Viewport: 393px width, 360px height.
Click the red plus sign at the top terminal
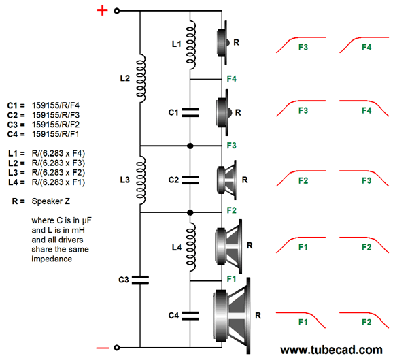[x=102, y=10]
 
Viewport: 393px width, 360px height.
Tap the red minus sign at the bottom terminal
[x=103, y=348]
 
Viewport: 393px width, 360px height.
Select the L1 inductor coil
[x=191, y=45]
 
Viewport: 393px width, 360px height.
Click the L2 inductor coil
[x=141, y=78]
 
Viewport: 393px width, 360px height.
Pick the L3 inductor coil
[x=141, y=180]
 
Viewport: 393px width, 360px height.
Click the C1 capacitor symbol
[x=190, y=113]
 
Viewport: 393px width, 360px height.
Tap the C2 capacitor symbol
[x=190, y=180]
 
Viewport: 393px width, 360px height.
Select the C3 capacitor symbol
[x=140, y=280]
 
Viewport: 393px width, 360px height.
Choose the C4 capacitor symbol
[x=190, y=316]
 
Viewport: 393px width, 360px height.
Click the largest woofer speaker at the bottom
[x=231, y=316]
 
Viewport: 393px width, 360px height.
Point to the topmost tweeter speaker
[x=223, y=42]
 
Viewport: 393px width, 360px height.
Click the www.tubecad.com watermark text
[x=331, y=350]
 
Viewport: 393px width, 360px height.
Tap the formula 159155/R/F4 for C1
[x=55, y=105]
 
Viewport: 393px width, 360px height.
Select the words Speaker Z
[x=51, y=201]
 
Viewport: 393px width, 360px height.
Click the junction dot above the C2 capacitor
[x=190, y=146]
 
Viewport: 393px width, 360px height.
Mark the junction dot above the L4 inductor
[x=190, y=213]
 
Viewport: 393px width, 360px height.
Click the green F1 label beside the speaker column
[x=231, y=279]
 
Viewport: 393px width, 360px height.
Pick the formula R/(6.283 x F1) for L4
[x=58, y=182]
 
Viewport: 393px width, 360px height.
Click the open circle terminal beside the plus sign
[x=117, y=11]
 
